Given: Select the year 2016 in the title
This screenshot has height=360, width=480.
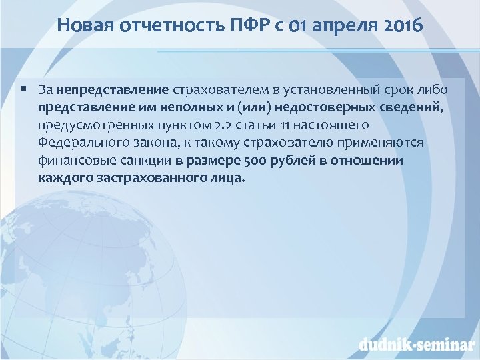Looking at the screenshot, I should [x=400, y=26].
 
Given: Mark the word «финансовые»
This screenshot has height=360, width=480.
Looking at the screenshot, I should [x=72, y=161].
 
